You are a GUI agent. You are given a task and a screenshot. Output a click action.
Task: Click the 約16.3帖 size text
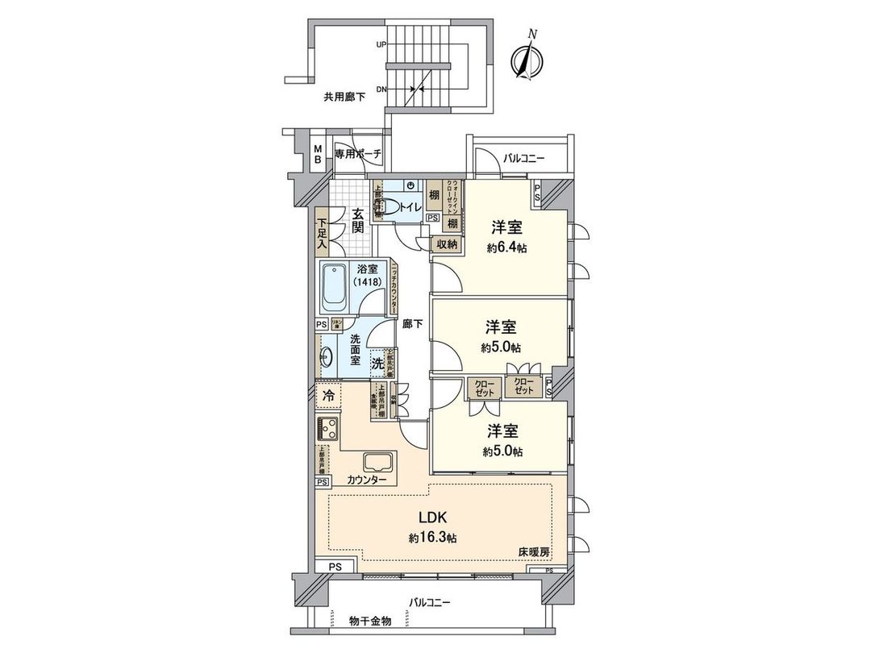point(434,537)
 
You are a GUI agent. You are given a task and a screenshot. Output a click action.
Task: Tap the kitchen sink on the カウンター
point(378,464)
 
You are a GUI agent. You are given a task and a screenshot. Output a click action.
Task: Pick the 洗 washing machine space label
point(377,364)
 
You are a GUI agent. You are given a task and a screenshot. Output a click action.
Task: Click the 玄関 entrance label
point(357,220)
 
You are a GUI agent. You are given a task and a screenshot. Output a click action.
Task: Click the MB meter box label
point(319,154)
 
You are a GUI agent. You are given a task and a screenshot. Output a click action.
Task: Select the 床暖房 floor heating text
point(534,553)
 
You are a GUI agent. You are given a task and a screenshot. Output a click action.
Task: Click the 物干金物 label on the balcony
point(370,621)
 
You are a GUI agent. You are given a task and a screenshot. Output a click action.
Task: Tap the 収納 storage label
point(448,243)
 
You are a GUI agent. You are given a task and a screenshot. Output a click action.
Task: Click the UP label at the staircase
point(380,45)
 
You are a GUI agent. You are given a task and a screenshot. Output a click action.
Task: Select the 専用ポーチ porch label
point(357,153)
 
